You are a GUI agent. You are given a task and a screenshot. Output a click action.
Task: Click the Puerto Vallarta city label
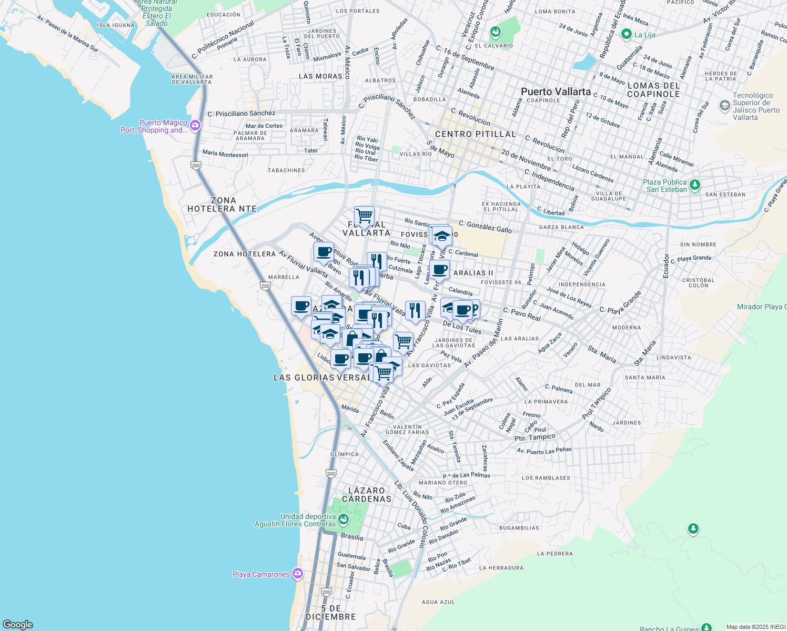(556, 91)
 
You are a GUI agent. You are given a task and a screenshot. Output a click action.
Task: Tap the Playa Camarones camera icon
(298, 574)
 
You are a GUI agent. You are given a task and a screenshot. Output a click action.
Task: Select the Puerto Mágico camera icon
(195, 125)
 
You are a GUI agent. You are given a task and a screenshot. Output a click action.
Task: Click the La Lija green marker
(626, 35)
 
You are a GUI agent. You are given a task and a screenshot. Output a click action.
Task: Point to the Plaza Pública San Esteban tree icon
(695, 185)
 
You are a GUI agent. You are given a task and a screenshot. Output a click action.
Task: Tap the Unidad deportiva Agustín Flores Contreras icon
(344, 520)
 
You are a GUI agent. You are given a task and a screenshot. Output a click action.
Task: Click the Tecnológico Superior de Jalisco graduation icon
(725, 106)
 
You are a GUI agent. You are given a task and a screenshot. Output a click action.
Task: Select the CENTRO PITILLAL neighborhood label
(476, 134)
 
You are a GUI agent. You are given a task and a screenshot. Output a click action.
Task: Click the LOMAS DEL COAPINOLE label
(653, 90)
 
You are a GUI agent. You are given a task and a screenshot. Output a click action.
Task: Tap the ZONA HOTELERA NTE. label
(224, 205)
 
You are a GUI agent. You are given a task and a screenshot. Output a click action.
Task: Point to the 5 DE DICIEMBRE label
(330, 613)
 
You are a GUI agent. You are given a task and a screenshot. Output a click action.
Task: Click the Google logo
(18, 624)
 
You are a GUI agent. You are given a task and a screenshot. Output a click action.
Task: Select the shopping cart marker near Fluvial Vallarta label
(364, 216)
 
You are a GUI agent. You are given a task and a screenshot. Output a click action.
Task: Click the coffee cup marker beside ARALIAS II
(440, 270)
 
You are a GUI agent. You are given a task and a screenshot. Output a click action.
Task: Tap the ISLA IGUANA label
(116, 25)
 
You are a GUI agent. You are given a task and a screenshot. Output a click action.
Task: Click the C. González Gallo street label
(485, 227)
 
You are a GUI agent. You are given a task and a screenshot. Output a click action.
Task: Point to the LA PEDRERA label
(554, 554)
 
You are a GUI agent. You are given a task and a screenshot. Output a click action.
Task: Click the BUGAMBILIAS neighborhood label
(519, 528)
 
